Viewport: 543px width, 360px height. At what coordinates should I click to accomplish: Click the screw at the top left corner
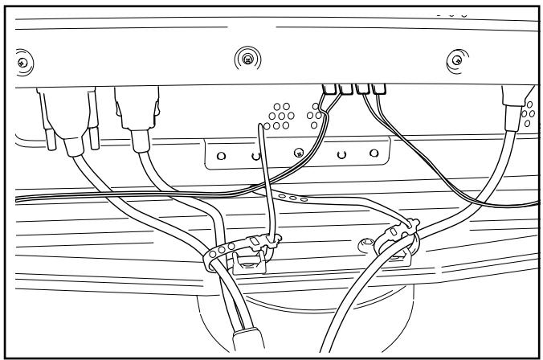[x=23, y=62]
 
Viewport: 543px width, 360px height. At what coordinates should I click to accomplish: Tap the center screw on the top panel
[x=249, y=58]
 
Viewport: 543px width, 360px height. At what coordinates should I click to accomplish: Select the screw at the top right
[x=457, y=59]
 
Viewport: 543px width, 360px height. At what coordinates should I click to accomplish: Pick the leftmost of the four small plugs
[x=327, y=89]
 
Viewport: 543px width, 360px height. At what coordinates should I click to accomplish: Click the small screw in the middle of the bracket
[x=298, y=152]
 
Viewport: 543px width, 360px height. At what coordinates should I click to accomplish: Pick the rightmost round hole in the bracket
[x=373, y=152]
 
